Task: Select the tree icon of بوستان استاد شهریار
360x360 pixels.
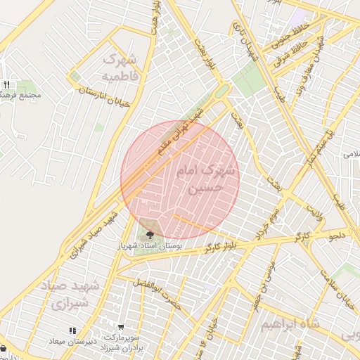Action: point(150,235)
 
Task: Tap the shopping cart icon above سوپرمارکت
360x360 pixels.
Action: point(122,327)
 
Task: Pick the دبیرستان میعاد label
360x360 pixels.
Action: point(71,340)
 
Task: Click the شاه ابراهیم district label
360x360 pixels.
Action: point(289,324)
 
